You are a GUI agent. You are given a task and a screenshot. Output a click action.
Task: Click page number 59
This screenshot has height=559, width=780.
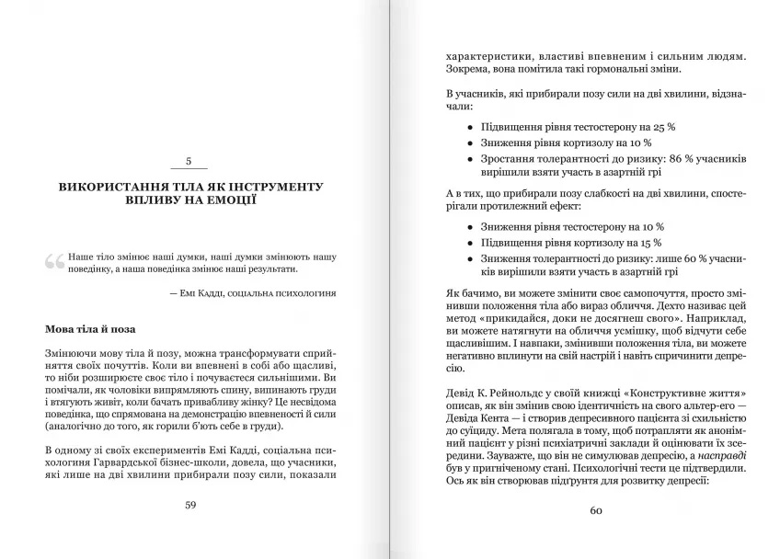[190, 504]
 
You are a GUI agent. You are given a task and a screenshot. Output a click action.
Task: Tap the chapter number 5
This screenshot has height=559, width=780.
[189, 162]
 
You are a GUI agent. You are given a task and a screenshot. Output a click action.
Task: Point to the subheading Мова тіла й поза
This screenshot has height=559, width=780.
[91, 327]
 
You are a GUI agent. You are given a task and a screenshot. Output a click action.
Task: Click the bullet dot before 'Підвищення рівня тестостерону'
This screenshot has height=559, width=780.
[470, 127]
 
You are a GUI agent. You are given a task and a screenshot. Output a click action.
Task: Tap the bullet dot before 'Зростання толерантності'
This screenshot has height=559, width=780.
[470, 160]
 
